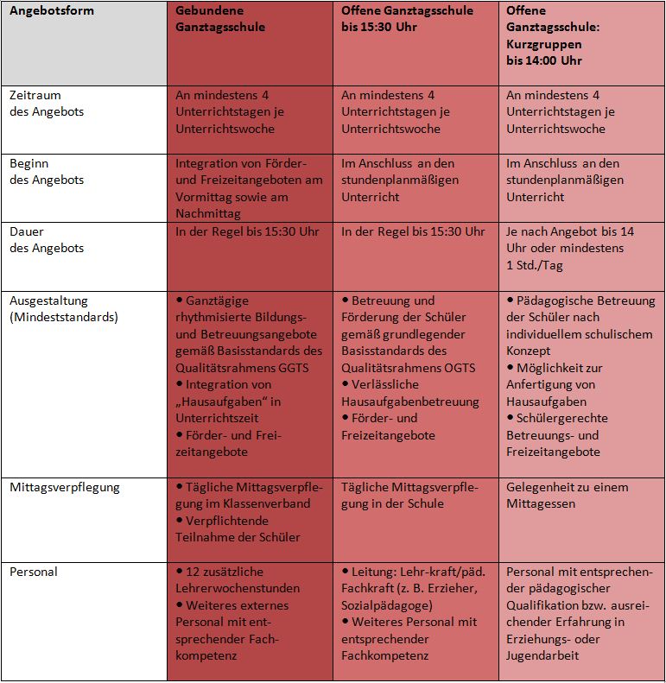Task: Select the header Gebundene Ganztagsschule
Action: [220, 19]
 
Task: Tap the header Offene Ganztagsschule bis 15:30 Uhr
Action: [407, 19]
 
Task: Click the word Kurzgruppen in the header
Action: [543, 44]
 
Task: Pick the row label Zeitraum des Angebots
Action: [47, 104]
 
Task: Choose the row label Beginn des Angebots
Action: [47, 172]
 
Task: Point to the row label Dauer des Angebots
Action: [47, 239]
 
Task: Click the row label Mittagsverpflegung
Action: [65, 487]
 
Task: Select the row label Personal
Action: [34, 572]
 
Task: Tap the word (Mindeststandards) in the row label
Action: [64, 317]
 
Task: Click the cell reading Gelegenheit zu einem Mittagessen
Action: [567, 496]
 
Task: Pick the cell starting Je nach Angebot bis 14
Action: [570, 249]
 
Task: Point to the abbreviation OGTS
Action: [460, 368]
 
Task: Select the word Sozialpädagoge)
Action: [387, 605]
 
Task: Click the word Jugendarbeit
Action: [542, 655]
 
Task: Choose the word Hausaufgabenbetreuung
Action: [410, 402]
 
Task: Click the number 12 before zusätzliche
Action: [193, 572]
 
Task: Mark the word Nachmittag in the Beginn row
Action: [208, 213]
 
